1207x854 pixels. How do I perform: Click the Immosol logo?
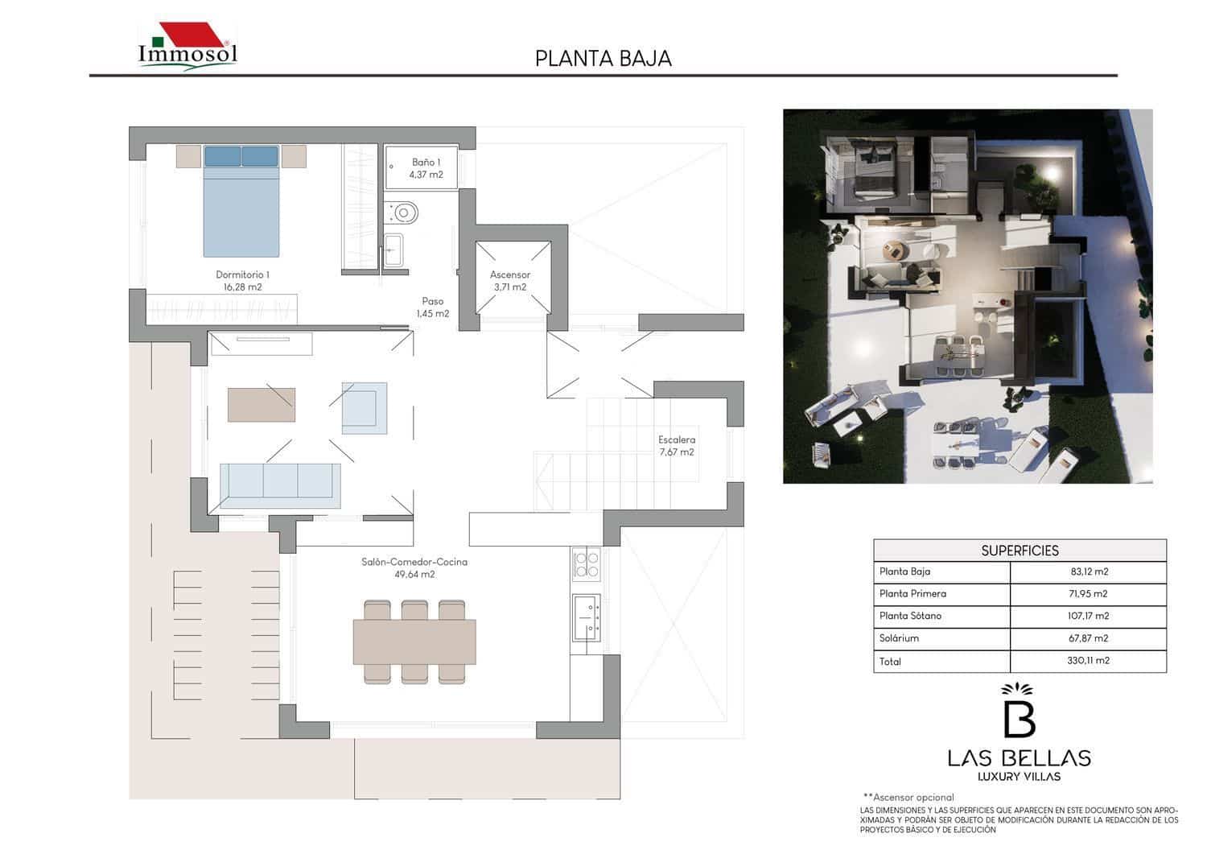point(187,46)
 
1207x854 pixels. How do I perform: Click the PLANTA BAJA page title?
point(603,59)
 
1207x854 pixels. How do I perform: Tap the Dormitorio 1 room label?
point(242,280)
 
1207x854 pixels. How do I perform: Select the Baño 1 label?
point(426,167)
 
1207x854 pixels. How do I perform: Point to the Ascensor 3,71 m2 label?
point(510,280)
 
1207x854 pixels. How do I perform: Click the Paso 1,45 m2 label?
point(433,307)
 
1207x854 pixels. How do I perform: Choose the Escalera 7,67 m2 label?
point(677,446)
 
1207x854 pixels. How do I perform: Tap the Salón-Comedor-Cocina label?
point(414,568)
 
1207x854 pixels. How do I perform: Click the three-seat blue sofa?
point(280,481)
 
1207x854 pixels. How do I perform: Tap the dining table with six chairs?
point(414,642)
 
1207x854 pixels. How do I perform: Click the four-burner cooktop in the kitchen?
point(586,563)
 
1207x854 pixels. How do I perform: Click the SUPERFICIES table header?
point(1020,551)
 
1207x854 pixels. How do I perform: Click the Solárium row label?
point(899,638)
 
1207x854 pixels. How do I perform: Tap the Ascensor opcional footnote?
point(908,797)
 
